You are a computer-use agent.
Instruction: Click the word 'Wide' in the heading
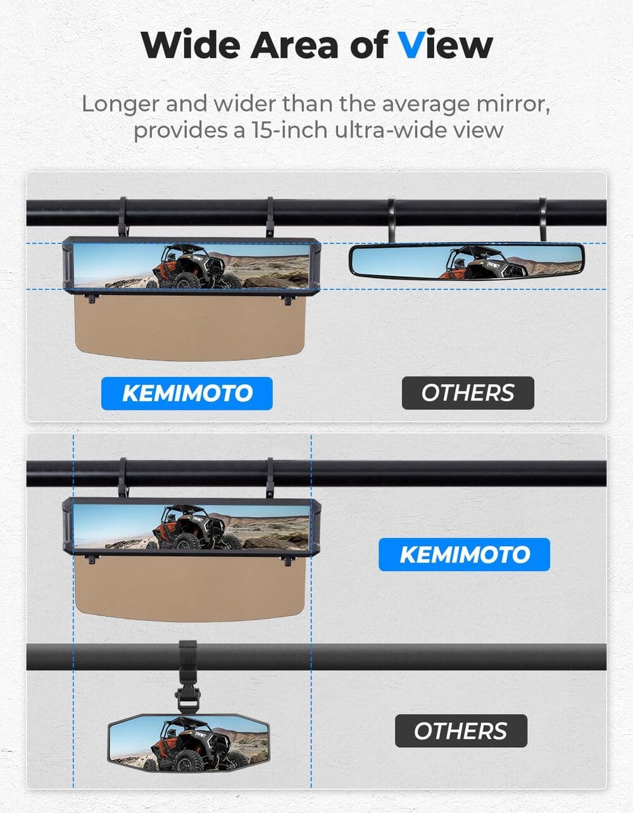190,45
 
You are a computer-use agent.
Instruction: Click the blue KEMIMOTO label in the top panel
187,394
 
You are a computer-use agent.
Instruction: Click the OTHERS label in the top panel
468,393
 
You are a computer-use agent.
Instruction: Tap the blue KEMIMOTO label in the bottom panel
464,554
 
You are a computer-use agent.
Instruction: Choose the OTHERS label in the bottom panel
461,731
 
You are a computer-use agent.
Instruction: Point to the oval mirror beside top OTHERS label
467,261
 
